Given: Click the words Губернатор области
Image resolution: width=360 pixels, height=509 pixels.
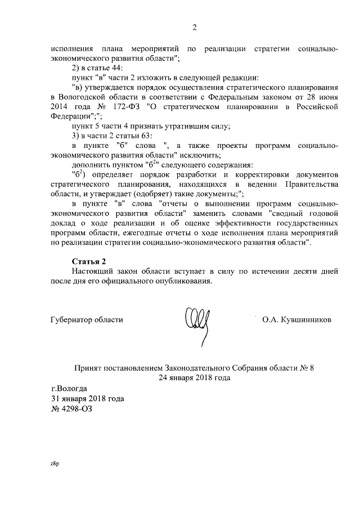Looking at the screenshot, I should (x=87, y=319).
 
